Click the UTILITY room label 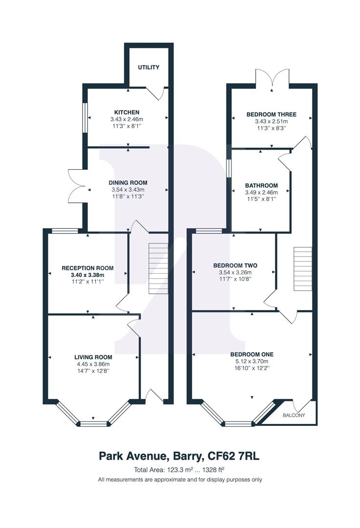pyautogui.click(x=148, y=67)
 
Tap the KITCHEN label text pyautogui.click(x=127, y=112)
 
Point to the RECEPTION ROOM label pyautogui.click(x=88, y=268)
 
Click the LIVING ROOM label pyautogui.click(x=93, y=357)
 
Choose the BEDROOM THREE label pyautogui.click(x=271, y=115)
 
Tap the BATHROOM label pyautogui.click(x=261, y=186)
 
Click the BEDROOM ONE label pyautogui.click(x=252, y=354)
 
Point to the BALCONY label pyautogui.click(x=294, y=416)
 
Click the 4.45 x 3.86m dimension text pyautogui.click(x=93, y=364)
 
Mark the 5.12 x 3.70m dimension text pyautogui.click(x=252, y=361)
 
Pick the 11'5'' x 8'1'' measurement pyautogui.click(x=261, y=199)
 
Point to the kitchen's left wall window pyautogui.click(x=85, y=117)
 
